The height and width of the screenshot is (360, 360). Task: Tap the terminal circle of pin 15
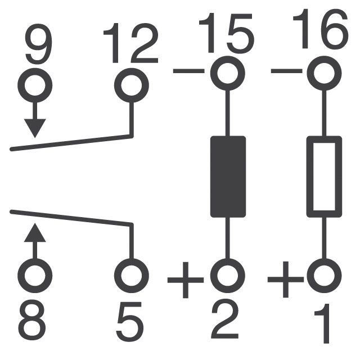click(x=227, y=71)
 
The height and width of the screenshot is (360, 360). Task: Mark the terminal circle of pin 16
click(x=323, y=71)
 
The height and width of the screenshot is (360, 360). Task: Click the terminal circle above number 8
click(x=35, y=275)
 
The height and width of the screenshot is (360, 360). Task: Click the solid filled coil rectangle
click(x=228, y=176)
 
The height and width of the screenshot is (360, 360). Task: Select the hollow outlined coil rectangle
click(x=324, y=176)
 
